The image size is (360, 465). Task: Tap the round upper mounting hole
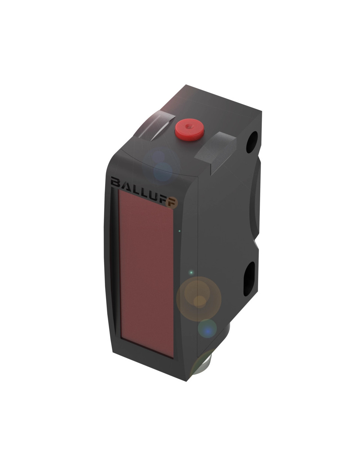(x=252, y=142)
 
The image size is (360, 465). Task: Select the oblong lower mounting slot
(x=249, y=279)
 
